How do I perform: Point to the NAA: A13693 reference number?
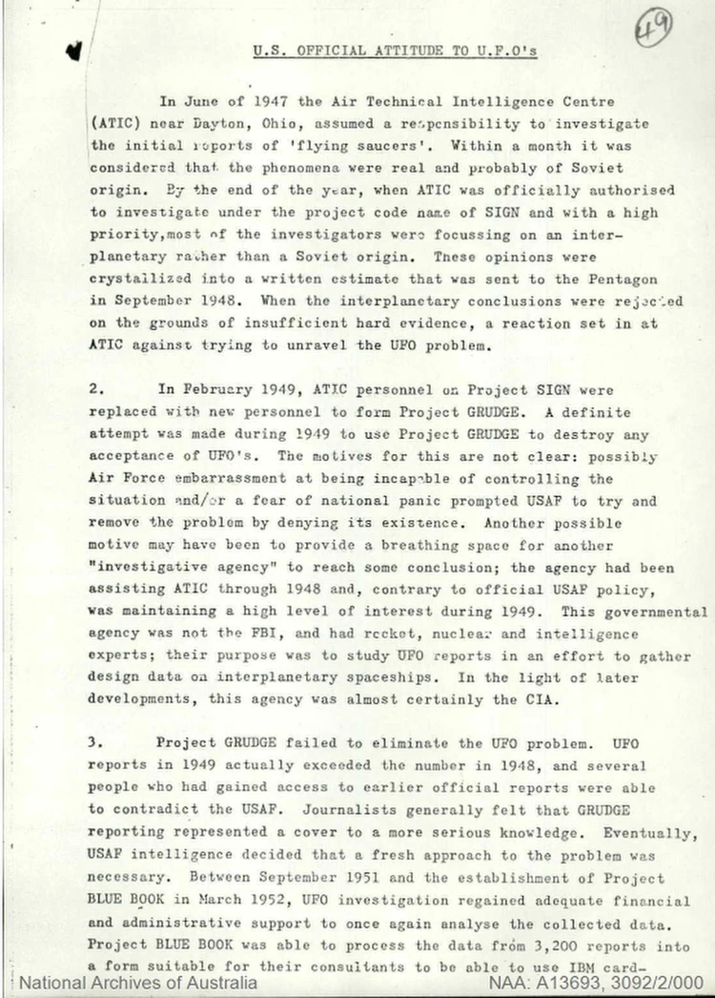(x=600, y=983)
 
